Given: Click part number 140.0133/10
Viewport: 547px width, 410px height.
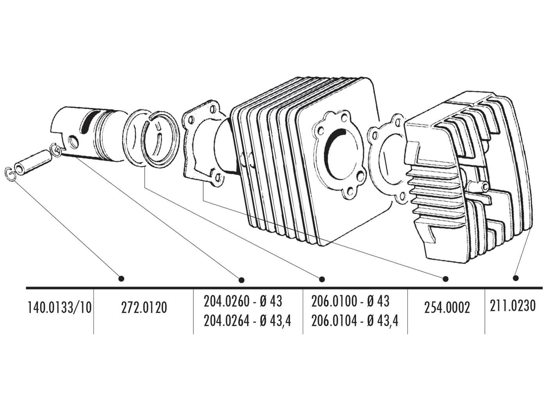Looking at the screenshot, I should pyautogui.click(x=59, y=308).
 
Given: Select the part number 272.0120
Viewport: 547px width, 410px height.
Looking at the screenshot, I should pyautogui.click(x=144, y=308).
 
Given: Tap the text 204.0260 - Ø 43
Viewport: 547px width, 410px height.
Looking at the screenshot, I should pyautogui.click(x=243, y=302).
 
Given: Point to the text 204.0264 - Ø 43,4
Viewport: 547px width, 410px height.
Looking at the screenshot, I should pyautogui.click(x=247, y=321).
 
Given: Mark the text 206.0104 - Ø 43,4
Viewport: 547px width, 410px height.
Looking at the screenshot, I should pyautogui.click(x=355, y=321).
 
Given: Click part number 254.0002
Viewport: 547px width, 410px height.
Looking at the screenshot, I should pyautogui.click(x=447, y=308).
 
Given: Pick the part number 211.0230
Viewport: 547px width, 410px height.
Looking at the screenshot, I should pyautogui.click(x=512, y=305).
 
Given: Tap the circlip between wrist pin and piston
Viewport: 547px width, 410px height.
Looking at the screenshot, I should pyautogui.click(x=55, y=150).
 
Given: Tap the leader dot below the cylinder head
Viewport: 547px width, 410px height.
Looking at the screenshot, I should pyautogui.click(x=516, y=278).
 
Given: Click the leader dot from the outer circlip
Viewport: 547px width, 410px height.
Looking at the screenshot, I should pyautogui.click(x=121, y=278).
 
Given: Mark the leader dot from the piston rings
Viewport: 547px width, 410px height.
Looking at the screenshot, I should pyautogui.click(x=322, y=279).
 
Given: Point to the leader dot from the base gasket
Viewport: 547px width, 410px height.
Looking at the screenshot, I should pyautogui.click(x=445, y=279).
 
